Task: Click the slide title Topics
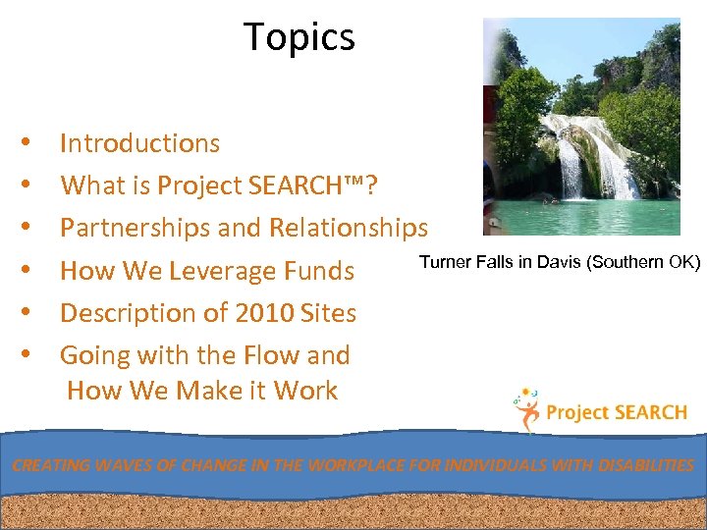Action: (299, 37)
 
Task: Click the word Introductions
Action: (139, 143)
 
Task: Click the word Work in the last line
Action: (305, 391)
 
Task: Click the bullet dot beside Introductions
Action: (34, 144)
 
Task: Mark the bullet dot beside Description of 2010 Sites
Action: (34, 314)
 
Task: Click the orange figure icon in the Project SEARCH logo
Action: (527, 412)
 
